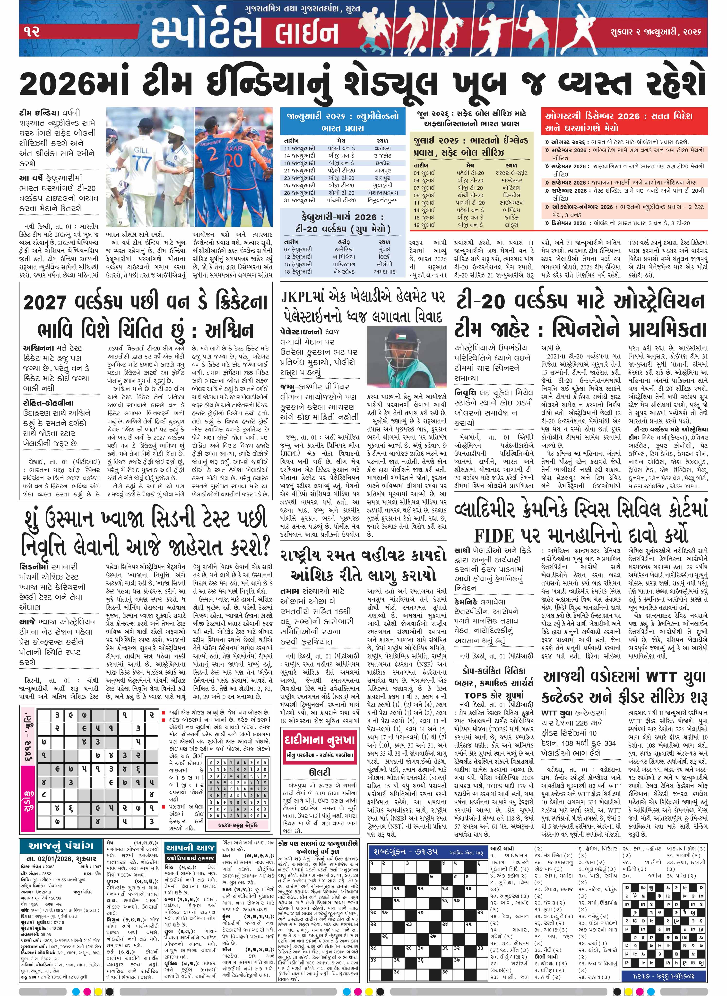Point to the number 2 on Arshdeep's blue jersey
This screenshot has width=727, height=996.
(213, 154)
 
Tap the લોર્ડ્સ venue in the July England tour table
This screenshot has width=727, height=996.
(511, 225)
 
